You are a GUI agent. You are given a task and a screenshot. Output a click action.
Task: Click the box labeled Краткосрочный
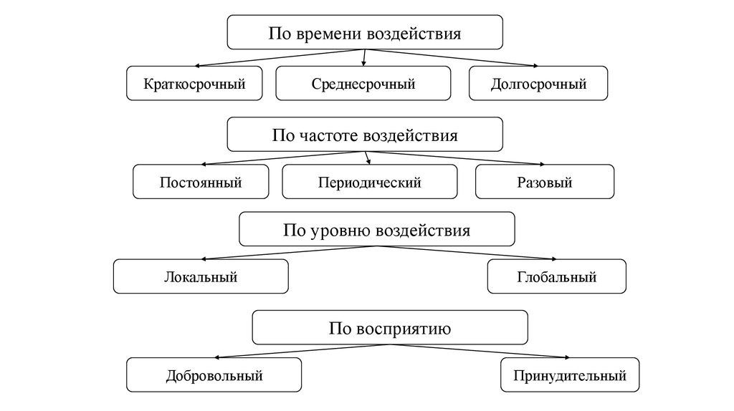click(x=194, y=83)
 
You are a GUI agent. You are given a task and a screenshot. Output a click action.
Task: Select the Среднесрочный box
click(x=363, y=83)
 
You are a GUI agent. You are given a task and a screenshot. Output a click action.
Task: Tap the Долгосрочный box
click(x=538, y=83)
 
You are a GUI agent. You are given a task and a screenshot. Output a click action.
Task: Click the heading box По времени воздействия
click(x=365, y=33)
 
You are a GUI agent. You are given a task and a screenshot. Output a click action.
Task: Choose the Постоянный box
click(x=201, y=182)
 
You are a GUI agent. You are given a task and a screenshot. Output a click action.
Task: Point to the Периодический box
click(x=369, y=182)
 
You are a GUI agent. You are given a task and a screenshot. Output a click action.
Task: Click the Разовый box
click(x=545, y=182)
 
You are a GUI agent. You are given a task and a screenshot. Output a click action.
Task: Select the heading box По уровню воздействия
click(x=376, y=230)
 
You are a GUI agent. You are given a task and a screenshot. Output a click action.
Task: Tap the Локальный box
click(x=201, y=276)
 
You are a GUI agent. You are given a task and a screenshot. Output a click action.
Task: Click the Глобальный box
click(x=556, y=276)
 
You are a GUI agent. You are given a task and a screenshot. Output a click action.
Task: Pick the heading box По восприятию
click(x=390, y=329)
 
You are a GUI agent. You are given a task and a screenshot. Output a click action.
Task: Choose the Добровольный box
click(x=214, y=374)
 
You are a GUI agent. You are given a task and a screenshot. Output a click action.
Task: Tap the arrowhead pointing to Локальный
click(x=204, y=258)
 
